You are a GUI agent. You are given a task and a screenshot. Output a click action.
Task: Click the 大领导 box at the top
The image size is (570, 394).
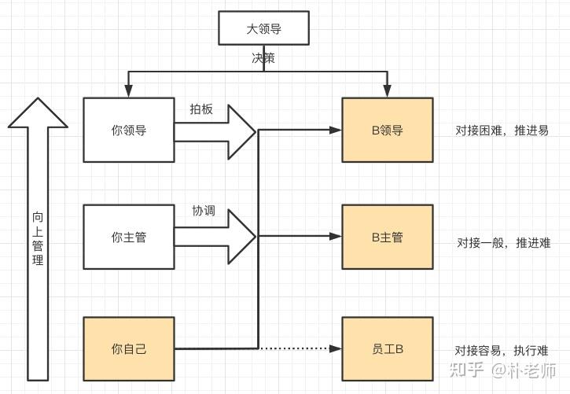(x=263, y=30)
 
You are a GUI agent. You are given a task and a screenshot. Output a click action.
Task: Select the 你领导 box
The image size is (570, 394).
(x=129, y=130)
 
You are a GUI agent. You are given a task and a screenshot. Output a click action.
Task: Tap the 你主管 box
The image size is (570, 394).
(x=129, y=237)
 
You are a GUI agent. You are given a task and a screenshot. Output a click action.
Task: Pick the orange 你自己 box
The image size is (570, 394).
(x=129, y=348)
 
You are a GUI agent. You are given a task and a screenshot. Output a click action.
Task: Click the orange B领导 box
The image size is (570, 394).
(x=387, y=130)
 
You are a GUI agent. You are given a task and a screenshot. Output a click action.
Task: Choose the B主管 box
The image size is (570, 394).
(x=387, y=237)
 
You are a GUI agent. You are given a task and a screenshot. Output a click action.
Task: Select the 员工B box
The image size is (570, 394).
(x=387, y=348)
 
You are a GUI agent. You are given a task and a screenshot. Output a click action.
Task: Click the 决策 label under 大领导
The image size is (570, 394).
(x=263, y=58)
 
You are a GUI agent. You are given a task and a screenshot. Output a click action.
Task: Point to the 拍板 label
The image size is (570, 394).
(x=201, y=109)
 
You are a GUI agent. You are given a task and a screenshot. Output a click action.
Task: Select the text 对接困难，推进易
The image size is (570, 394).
(x=502, y=131)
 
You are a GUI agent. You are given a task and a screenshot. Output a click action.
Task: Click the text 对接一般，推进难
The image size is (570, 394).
(x=503, y=243)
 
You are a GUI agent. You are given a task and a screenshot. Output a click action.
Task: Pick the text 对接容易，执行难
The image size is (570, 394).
(x=502, y=351)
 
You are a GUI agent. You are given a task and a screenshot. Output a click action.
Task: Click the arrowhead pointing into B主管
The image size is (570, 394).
(x=336, y=236)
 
